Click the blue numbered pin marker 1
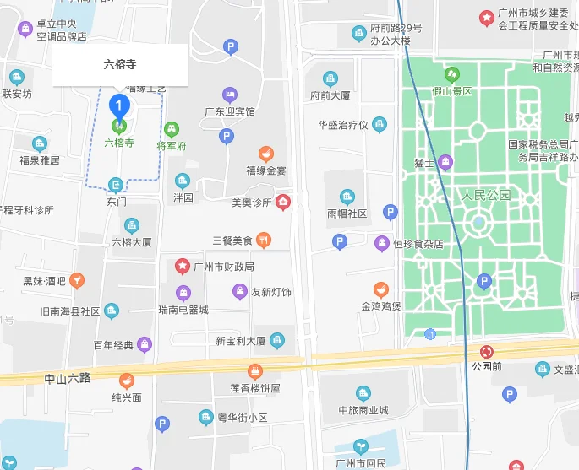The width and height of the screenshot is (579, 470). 120,107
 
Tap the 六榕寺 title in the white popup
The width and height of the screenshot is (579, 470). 119,64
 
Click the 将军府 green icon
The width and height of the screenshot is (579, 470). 172,129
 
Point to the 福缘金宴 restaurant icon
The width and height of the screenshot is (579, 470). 266,154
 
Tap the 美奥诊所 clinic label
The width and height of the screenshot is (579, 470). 252,203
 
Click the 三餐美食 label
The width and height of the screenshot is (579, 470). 232,240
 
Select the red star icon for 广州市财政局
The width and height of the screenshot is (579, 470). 182,266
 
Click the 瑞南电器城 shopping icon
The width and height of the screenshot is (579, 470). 183,293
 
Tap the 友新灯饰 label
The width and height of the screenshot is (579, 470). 271,292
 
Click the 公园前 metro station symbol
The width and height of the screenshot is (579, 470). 487,351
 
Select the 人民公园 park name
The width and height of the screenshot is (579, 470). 487,195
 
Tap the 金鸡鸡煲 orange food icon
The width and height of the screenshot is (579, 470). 381,289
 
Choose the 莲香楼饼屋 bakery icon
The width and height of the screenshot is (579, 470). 254,371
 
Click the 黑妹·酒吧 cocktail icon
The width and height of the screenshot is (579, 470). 77,280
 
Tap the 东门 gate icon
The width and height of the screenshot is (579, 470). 117,185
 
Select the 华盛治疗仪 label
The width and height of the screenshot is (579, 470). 343,125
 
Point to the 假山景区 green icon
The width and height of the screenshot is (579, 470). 452,74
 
